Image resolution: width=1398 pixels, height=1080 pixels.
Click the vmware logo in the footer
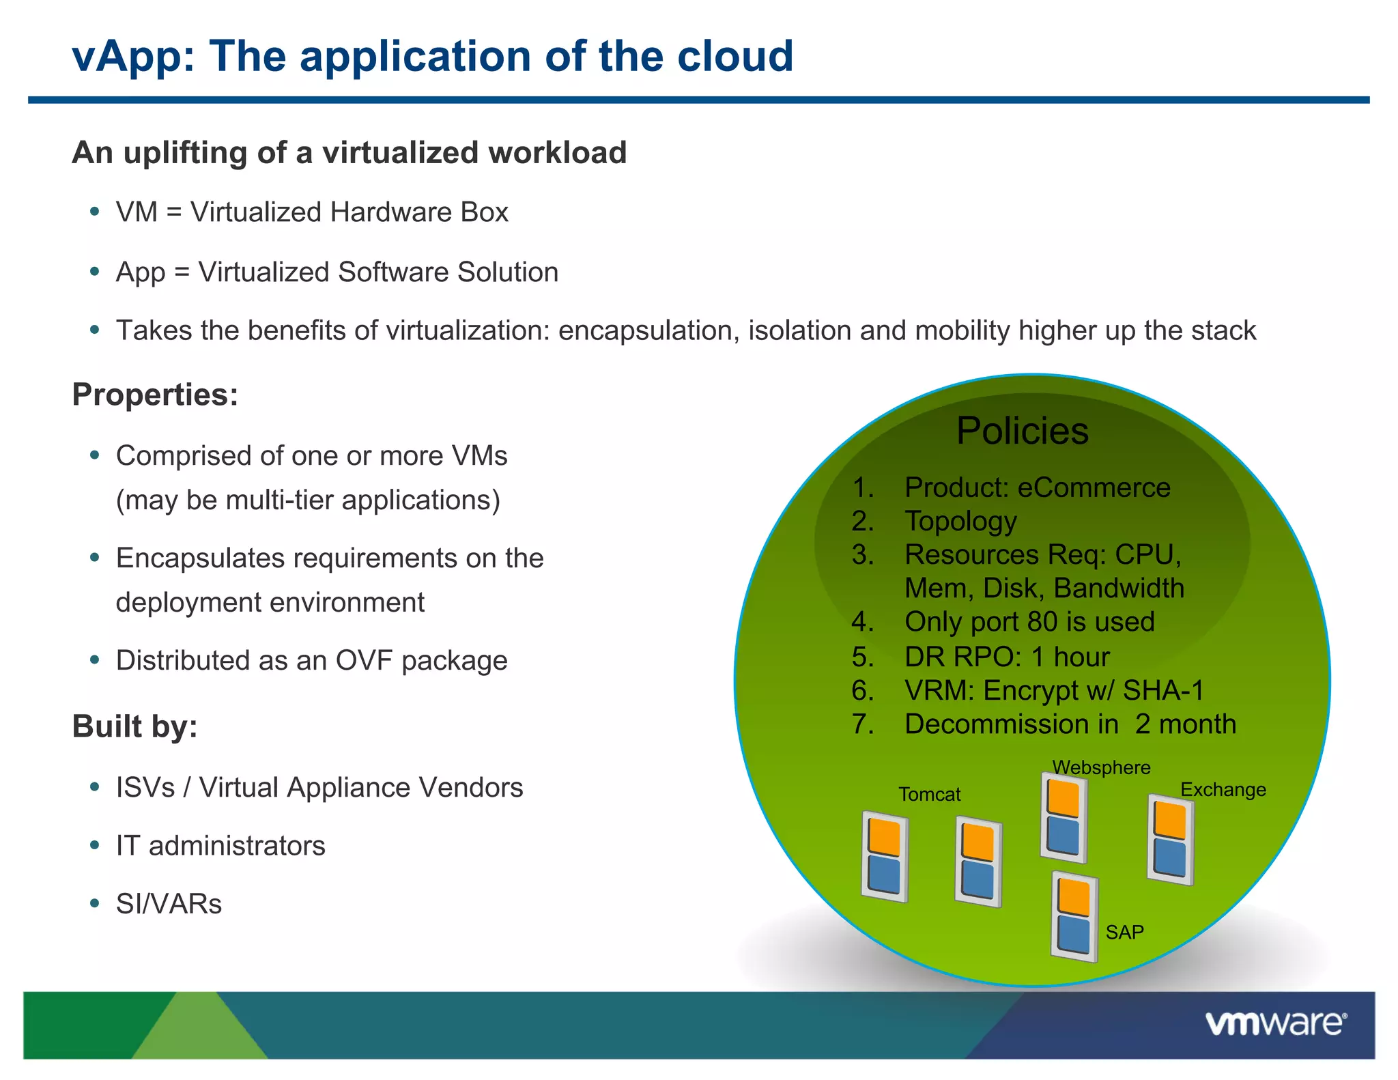tap(1275, 1024)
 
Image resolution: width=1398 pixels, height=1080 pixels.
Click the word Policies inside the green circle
tap(1022, 431)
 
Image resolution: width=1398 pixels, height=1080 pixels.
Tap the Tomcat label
tap(929, 795)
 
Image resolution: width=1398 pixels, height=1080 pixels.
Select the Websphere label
tap(1101, 767)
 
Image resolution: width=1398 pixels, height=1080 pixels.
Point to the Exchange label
tap(1223, 790)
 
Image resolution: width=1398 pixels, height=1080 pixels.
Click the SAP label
tap(1124, 933)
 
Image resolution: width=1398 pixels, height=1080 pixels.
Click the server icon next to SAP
tap(1074, 917)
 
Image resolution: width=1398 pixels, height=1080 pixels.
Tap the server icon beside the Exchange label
tap(1170, 840)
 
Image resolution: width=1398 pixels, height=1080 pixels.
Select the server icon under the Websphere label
tap(1064, 817)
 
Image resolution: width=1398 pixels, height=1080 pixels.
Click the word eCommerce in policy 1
tap(1094, 488)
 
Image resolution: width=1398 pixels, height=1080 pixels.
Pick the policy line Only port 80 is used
tap(1029, 622)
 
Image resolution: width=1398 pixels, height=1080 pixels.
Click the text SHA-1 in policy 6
tap(1163, 691)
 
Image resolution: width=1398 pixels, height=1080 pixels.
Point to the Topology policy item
tap(960, 522)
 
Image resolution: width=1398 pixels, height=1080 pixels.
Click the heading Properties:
tap(155, 395)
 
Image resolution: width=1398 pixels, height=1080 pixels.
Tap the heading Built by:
tap(134, 726)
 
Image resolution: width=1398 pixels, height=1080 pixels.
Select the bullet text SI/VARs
tap(169, 904)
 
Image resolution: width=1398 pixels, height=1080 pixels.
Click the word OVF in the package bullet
tap(365, 661)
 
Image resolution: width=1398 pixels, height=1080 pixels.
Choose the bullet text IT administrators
tap(220, 846)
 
